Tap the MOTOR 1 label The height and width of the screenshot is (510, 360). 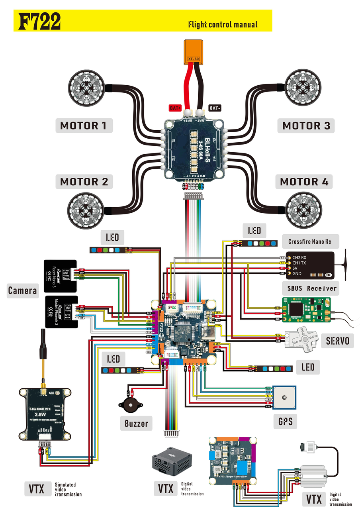point(84,126)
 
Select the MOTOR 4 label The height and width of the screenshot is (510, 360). point(304,182)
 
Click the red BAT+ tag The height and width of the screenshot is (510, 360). point(175,108)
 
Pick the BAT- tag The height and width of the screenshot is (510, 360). point(215,108)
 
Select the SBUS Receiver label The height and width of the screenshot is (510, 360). point(312,288)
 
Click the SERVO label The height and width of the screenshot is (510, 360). point(337,341)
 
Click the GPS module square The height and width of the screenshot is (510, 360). point(284,397)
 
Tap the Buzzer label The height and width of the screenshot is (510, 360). point(136,423)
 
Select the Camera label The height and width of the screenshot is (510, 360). point(23,290)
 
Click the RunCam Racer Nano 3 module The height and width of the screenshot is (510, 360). point(60,275)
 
